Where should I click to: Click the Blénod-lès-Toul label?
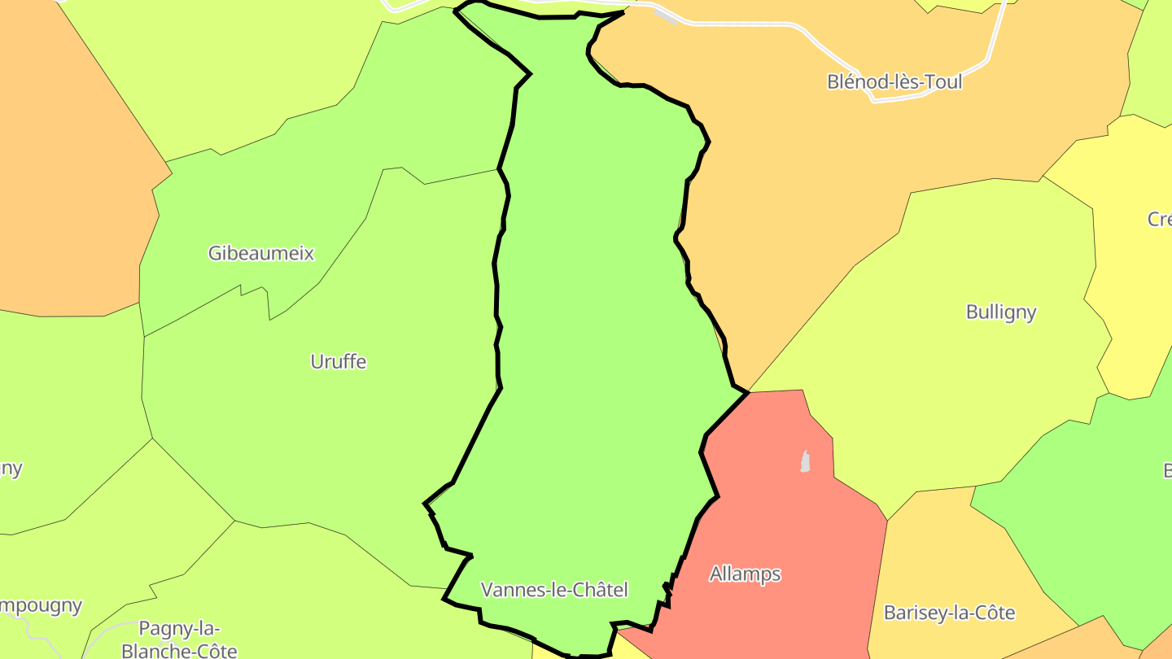[x=894, y=81]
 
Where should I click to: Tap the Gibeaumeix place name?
[x=260, y=253]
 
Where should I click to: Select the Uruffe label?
[x=339, y=361]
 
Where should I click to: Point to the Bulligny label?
[x=1000, y=312]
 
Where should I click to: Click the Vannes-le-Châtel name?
[x=554, y=590]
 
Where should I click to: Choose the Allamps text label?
[x=745, y=574]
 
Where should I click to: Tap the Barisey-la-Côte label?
[x=949, y=613]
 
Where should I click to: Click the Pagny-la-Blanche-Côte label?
[x=179, y=639]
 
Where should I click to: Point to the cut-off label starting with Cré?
[x=1160, y=219]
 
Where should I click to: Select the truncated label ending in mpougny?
[x=41, y=605]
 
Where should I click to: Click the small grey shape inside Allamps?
[x=805, y=462]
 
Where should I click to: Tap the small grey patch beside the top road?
[x=666, y=16]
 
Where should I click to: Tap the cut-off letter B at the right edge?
[x=1167, y=470]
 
